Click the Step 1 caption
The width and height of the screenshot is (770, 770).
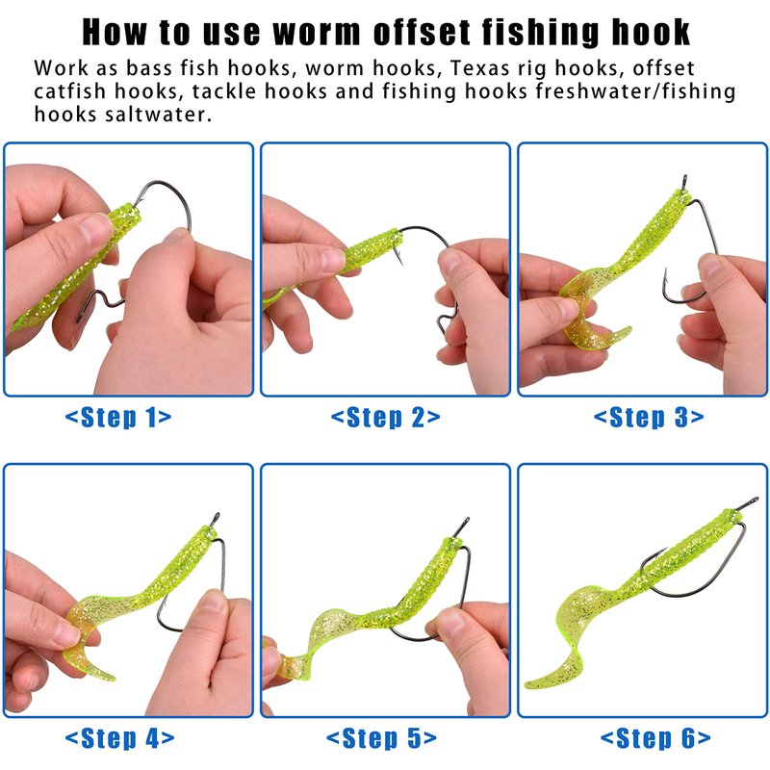tap(118, 418)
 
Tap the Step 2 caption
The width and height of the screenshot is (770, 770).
tap(386, 418)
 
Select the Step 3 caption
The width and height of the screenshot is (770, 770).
tap(649, 418)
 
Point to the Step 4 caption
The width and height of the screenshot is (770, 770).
tap(119, 738)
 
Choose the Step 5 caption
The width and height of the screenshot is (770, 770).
tap(381, 738)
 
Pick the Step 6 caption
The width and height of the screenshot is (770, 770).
tap(655, 738)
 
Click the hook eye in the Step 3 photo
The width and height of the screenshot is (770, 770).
tap(684, 181)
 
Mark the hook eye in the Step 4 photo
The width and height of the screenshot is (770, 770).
tap(215, 519)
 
